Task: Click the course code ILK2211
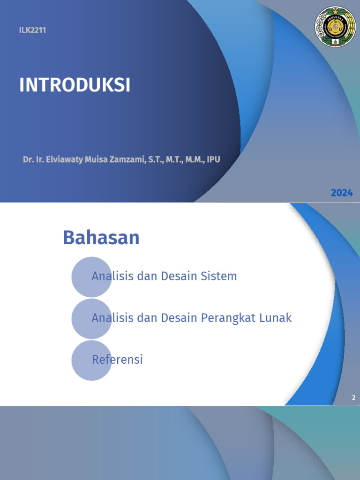(x=32, y=30)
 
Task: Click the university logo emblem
(x=335, y=27)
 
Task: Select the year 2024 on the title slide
(x=342, y=193)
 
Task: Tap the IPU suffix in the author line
(x=213, y=159)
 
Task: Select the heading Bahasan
(x=101, y=238)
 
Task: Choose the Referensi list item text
(x=117, y=360)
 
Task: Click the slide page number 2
(x=354, y=398)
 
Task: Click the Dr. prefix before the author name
(x=29, y=159)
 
